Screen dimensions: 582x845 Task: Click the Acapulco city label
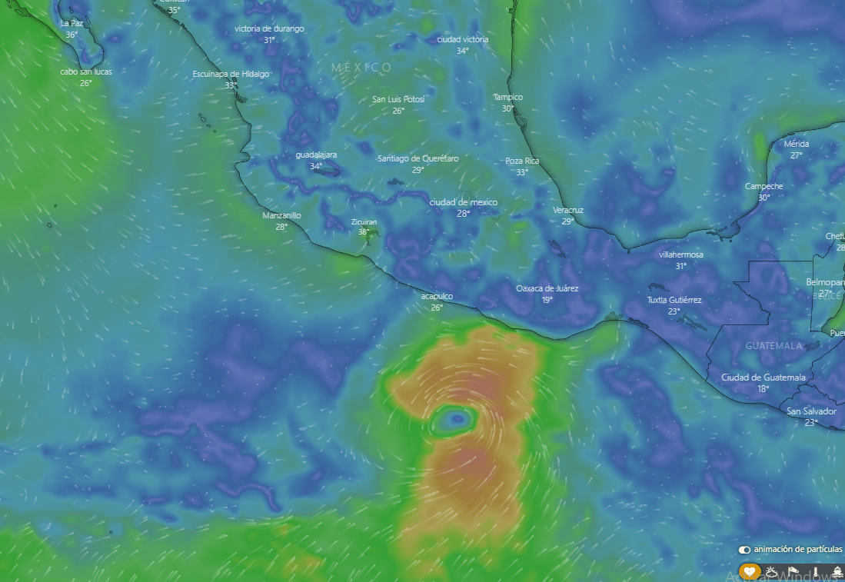click(x=437, y=296)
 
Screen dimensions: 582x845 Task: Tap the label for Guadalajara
click(x=316, y=155)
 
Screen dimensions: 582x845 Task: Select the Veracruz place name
click(x=568, y=210)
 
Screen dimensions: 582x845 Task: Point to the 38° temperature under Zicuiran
click(x=364, y=231)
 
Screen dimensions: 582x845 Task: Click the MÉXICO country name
click(x=361, y=68)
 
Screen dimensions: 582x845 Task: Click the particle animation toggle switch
click(x=744, y=550)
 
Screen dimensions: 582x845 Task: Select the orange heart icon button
click(x=750, y=572)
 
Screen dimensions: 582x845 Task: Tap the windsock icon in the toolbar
click(x=793, y=572)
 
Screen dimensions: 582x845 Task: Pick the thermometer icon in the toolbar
click(x=814, y=572)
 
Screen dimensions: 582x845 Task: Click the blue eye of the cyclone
click(x=457, y=419)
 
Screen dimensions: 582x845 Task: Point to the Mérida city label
click(x=797, y=144)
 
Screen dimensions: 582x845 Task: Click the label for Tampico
click(x=507, y=97)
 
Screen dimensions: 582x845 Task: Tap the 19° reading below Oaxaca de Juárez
click(x=547, y=300)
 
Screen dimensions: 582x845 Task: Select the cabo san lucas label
click(x=85, y=72)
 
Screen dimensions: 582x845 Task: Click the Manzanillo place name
click(x=281, y=215)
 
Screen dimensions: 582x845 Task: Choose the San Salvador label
click(x=811, y=411)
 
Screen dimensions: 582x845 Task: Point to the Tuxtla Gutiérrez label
click(x=674, y=300)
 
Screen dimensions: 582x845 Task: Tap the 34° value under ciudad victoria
click(x=462, y=51)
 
